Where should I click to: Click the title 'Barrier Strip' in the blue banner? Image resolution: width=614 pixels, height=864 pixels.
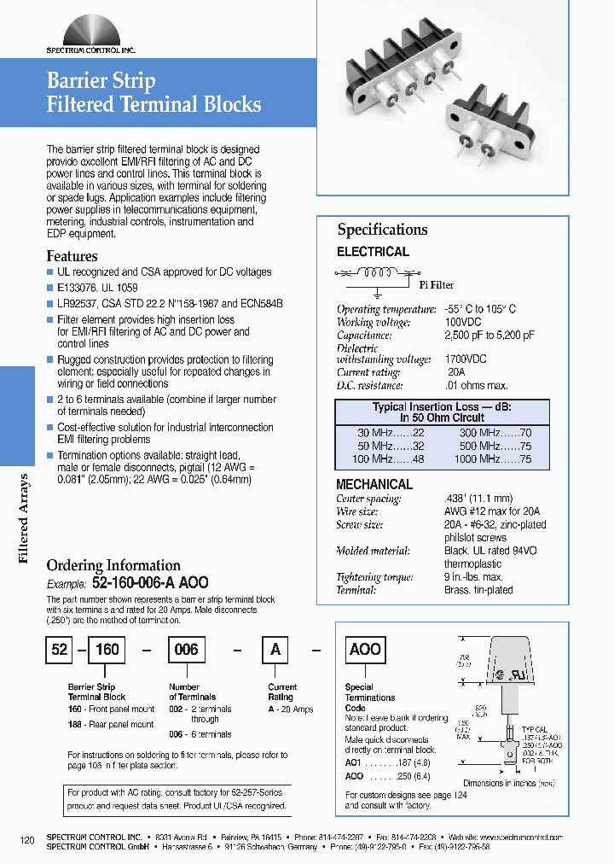(101, 81)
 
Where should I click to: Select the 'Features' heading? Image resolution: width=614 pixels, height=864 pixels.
(72, 256)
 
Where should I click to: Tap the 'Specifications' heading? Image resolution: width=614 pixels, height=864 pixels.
(382, 230)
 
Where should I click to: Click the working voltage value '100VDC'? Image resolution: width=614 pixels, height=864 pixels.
(463, 322)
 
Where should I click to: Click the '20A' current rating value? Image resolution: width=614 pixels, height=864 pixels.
(456, 372)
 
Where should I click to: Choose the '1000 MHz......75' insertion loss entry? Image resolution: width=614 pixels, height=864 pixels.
(492, 458)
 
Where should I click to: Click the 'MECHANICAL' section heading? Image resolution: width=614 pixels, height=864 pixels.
(374, 484)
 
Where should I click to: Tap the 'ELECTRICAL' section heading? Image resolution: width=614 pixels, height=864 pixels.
(373, 252)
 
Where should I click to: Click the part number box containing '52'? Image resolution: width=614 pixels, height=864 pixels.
(59, 649)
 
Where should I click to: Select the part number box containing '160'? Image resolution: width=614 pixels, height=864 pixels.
(107, 649)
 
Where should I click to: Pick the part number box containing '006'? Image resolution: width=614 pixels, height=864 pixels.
(186, 649)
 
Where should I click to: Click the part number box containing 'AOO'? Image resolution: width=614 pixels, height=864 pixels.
(365, 649)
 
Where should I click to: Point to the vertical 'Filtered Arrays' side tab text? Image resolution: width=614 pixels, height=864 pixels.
(24, 518)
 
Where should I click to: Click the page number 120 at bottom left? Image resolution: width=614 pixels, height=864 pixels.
(27, 840)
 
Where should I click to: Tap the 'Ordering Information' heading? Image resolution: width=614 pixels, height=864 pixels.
(113, 565)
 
